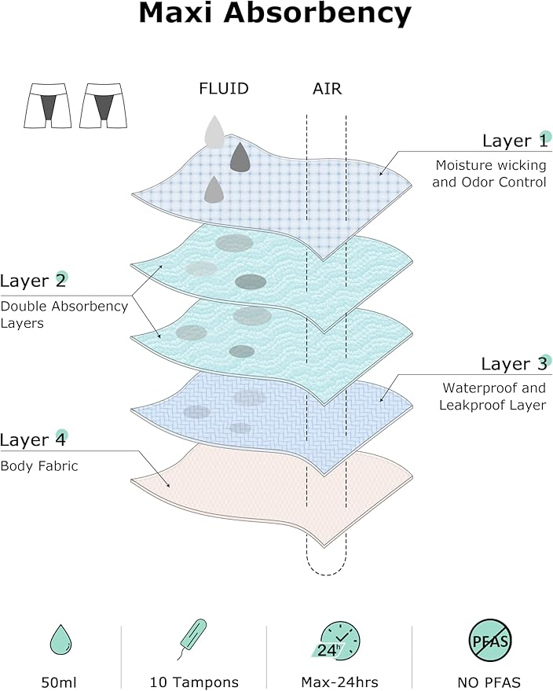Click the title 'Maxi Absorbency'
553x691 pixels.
[x=275, y=14]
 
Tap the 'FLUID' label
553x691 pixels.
[x=224, y=89]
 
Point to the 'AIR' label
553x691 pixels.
[x=327, y=89]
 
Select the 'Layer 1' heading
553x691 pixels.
[x=515, y=141]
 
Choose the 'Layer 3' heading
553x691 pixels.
[x=514, y=364]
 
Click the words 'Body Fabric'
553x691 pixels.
[x=39, y=466]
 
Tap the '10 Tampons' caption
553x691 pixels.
[x=194, y=682]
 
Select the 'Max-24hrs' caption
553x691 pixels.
[x=340, y=682]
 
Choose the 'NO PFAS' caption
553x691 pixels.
[x=489, y=682]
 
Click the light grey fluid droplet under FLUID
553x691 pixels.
[x=214, y=132]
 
